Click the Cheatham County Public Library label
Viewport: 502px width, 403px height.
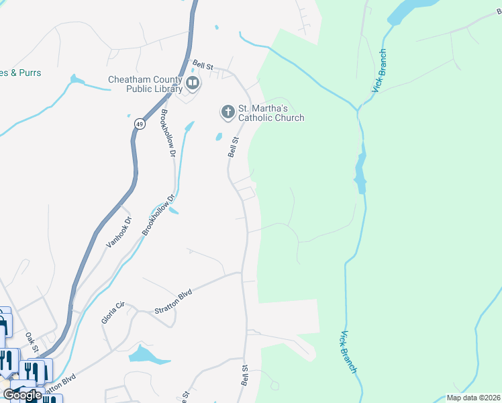pos(146,84)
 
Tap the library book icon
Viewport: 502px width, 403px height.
pos(193,83)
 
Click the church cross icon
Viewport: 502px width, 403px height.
pos(228,111)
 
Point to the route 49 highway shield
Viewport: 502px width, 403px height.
pos(139,124)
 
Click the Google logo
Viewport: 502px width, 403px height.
pos(22,395)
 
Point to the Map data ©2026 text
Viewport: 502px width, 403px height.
pos(473,398)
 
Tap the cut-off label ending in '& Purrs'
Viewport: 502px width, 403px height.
pos(20,73)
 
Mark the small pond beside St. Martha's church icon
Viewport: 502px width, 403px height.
pos(219,138)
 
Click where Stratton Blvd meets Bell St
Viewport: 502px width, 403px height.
pos(242,273)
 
